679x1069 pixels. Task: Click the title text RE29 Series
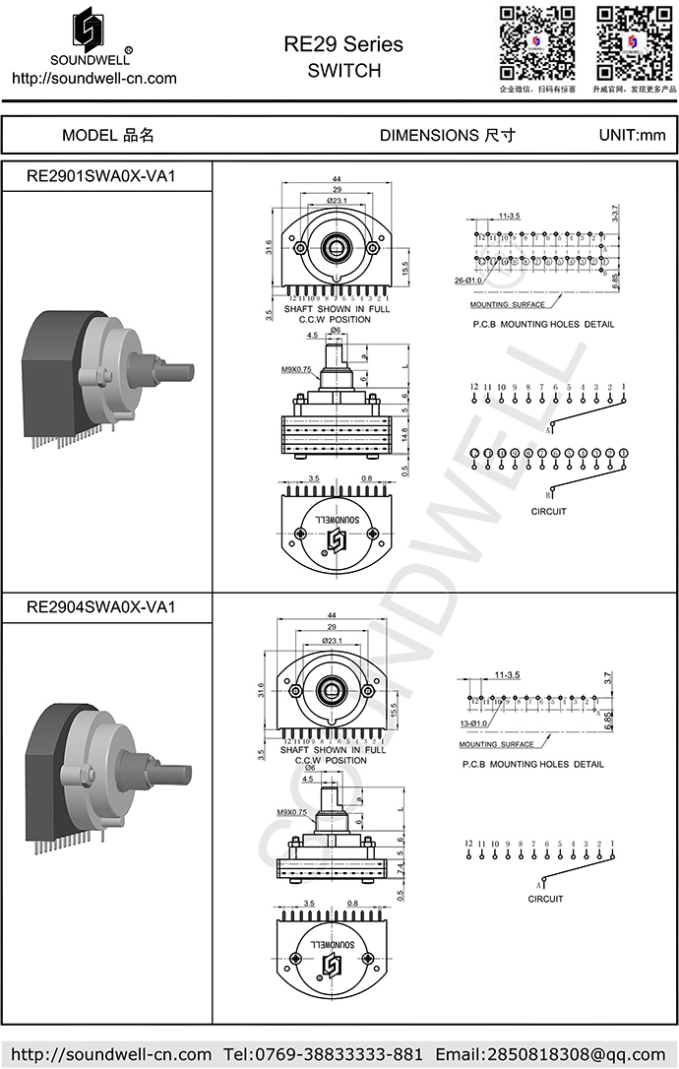(342, 44)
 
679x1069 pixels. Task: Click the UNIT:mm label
(632, 136)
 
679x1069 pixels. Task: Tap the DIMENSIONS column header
(447, 136)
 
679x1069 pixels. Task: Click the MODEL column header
(107, 136)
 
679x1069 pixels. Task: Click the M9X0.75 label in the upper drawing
(296, 369)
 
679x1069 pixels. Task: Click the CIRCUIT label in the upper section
(548, 512)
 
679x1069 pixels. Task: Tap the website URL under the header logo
(93, 79)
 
